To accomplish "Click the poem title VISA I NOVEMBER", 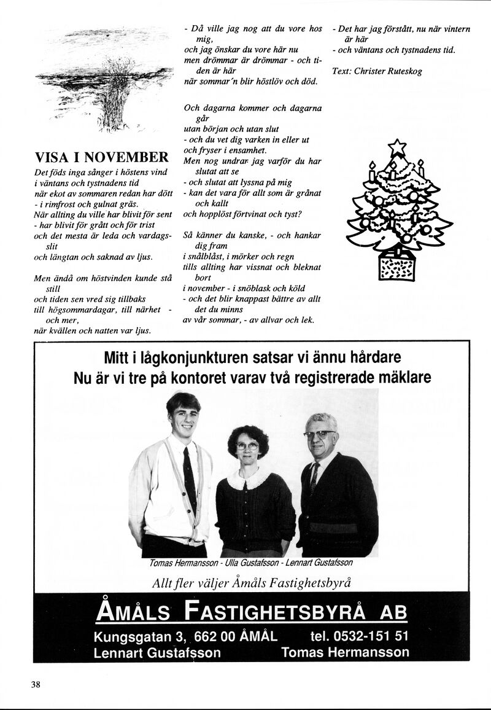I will pyautogui.click(x=101, y=156).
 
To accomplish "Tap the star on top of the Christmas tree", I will pyautogui.click(x=398, y=147).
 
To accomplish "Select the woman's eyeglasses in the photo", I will pyautogui.click(x=247, y=447).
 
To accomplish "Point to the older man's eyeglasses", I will pyautogui.click(x=319, y=434).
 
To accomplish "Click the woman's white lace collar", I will pyautogui.click(x=248, y=478).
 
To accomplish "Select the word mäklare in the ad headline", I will pyautogui.click(x=401, y=377).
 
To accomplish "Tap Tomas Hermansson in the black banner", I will pyautogui.click(x=345, y=653).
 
